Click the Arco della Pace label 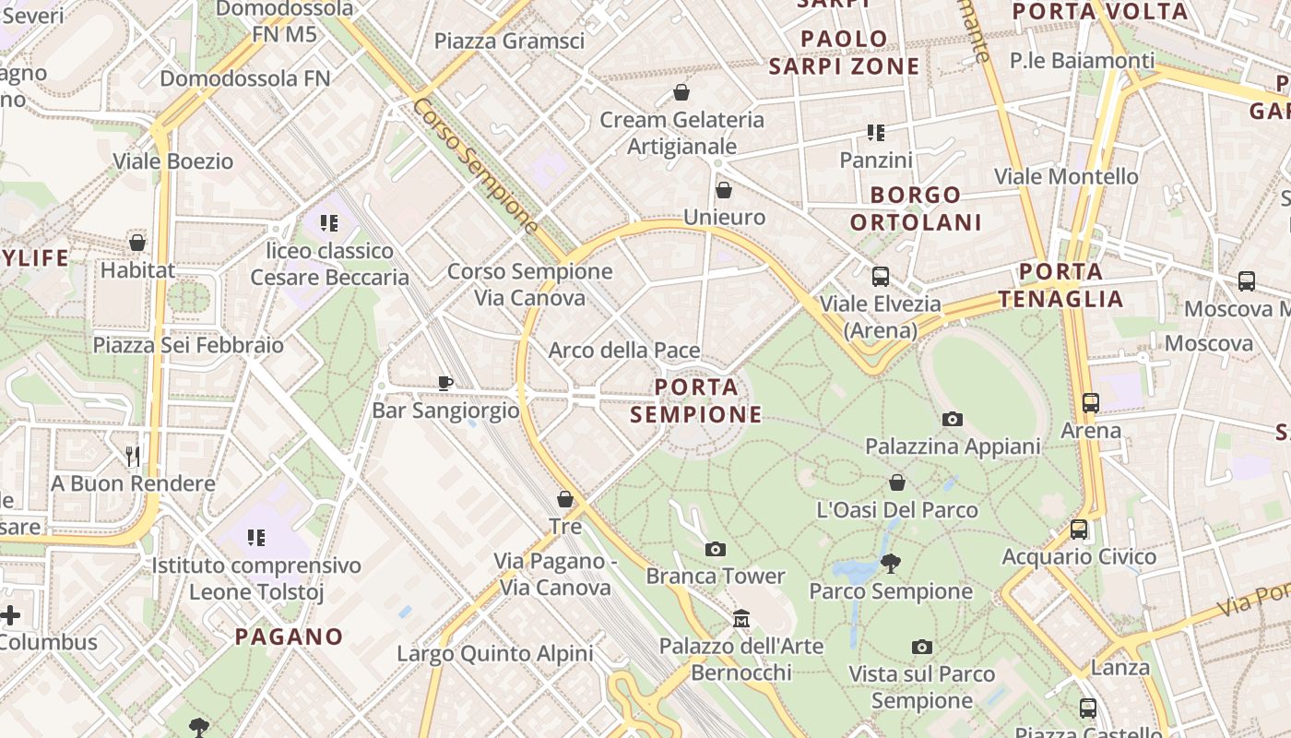point(624,351)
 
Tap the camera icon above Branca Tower point(715,550)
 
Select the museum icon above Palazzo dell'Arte point(741,619)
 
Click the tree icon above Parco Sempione point(890,564)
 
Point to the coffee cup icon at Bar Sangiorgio point(445,383)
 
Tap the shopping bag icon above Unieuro point(724,190)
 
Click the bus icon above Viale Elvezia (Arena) point(881,276)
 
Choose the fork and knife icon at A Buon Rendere point(133,456)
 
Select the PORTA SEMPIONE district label point(696,400)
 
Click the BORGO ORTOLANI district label point(916,208)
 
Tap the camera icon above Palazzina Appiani point(953,420)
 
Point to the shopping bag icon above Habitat point(137,243)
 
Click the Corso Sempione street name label point(476,166)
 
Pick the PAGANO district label point(289,637)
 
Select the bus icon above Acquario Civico point(1079,530)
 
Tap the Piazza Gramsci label point(509,41)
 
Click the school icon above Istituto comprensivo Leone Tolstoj point(255,537)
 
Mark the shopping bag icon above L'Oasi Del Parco point(897,482)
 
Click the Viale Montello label point(1066,176)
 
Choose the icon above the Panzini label point(876,133)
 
